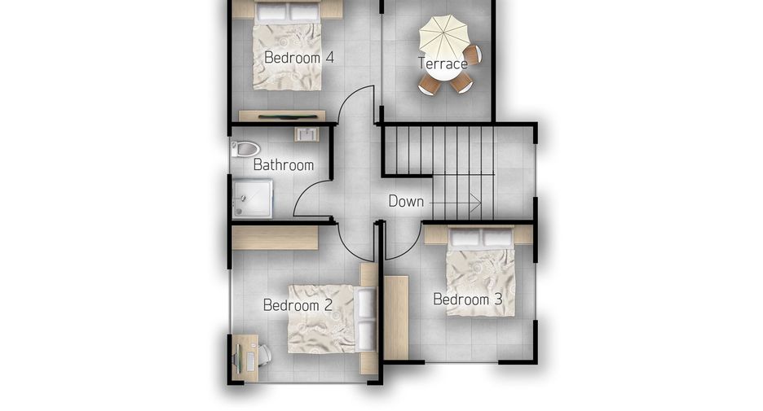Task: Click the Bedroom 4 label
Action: (299, 57)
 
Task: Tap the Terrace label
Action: (443, 63)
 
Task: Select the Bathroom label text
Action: (283, 164)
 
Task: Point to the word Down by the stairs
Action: (406, 201)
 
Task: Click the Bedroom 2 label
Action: (298, 305)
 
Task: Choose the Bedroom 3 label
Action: (467, 300)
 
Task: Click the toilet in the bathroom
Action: (245, 149)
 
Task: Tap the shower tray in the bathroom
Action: (252, 199)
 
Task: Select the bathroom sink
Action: (307, 133)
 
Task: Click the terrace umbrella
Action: (443, 37)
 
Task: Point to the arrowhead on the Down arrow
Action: (476, 202)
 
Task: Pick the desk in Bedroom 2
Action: (245, 357)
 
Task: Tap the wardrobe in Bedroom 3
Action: (396, 317)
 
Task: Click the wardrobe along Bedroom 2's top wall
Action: (275, 238)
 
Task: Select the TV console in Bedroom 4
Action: (282, 116)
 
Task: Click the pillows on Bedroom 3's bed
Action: (481, 238)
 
